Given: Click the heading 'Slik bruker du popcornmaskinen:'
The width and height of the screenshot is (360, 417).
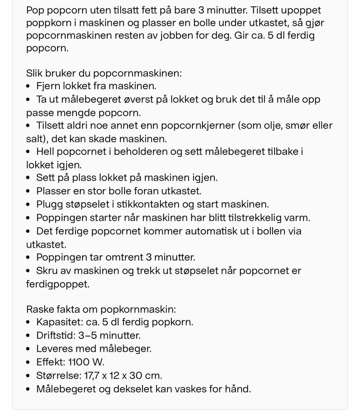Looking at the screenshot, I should (x=104, y=73).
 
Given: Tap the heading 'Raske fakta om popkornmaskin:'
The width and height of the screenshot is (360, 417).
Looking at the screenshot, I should (x=101, y=309).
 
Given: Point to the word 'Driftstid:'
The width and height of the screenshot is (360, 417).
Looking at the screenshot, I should (x=55, y=335).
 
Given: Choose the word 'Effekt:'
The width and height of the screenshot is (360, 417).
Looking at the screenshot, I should (x=51, y=362).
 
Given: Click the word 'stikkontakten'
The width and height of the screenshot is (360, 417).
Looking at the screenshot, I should (x=149, y=204).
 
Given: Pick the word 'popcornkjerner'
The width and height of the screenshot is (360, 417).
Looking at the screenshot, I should (x=197, y=126).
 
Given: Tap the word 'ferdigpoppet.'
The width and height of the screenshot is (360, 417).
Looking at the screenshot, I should (x=58, y=284).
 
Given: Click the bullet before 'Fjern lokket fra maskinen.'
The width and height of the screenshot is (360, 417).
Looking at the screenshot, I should (x=28, y=86).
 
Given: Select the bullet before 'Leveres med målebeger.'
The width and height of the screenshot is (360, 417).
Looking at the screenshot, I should (x=28, y=349).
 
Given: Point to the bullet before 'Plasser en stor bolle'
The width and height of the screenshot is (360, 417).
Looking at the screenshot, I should (x=28, y=191).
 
